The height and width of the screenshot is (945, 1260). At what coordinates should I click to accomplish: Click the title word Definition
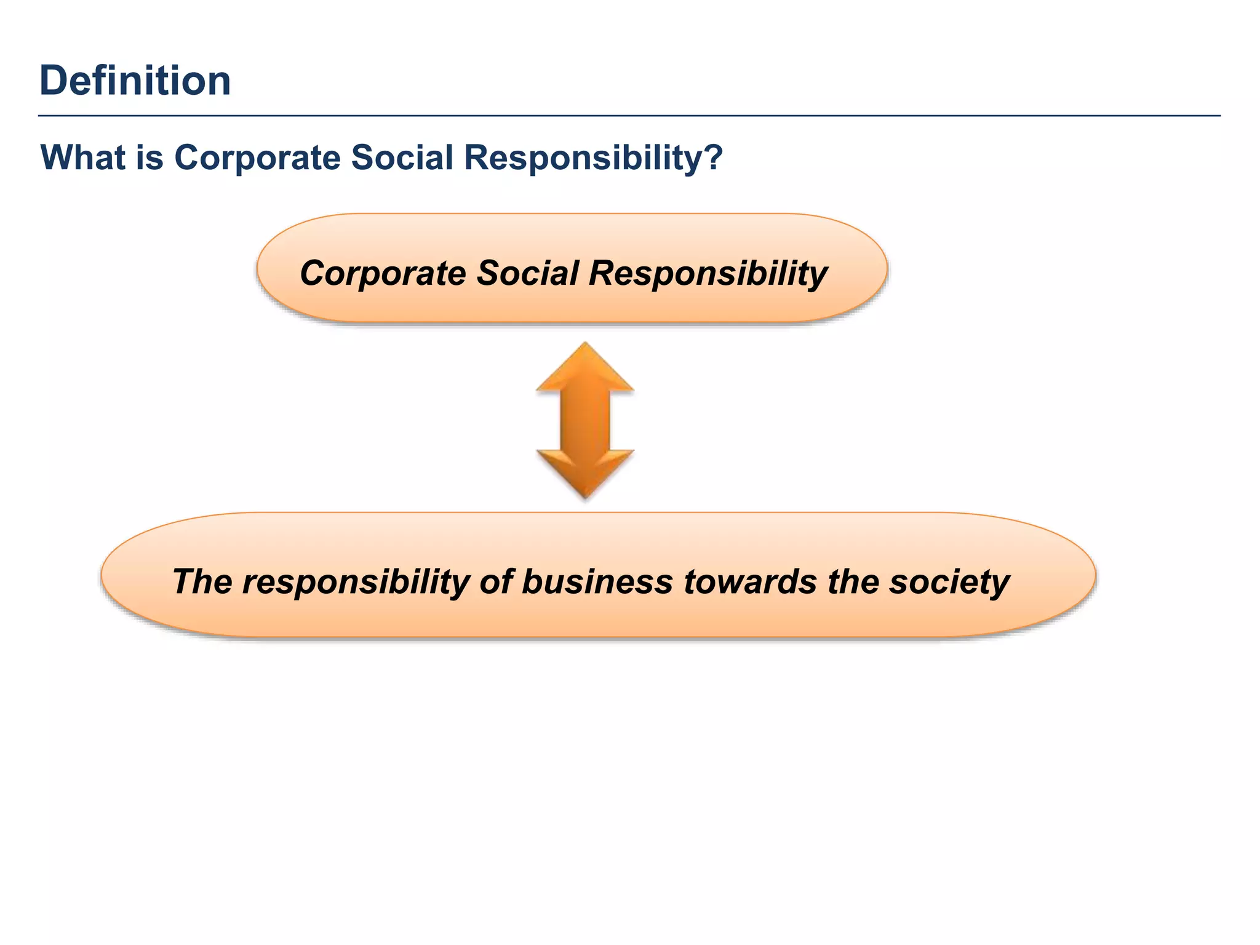(x=135, y=81)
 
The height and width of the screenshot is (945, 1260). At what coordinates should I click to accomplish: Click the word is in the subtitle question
(x=150, y=157)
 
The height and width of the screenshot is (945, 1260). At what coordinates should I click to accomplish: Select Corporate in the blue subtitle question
(x=257, y=157)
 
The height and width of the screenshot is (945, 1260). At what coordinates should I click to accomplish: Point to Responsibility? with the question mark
(x=592, y=157)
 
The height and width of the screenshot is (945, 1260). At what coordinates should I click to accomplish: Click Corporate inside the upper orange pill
(x=383, y=273)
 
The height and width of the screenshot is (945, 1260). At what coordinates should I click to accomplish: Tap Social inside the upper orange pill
(x=528, y=273)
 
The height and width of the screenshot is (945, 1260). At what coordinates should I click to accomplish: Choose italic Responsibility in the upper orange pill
(x=708, y=273)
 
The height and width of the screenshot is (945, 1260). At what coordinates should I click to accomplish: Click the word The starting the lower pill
(x=202, y=581)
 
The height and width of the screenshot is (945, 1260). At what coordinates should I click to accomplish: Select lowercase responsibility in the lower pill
(x=356, y=581)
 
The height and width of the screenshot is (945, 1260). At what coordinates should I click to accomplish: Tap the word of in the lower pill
(x=495, y=581)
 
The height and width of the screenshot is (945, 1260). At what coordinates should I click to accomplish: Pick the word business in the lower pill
(x=597, y=581)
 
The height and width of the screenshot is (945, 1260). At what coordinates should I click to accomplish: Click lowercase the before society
(x=853, y=581)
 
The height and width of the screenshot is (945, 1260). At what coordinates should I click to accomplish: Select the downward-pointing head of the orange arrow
(x=585, y=472)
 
